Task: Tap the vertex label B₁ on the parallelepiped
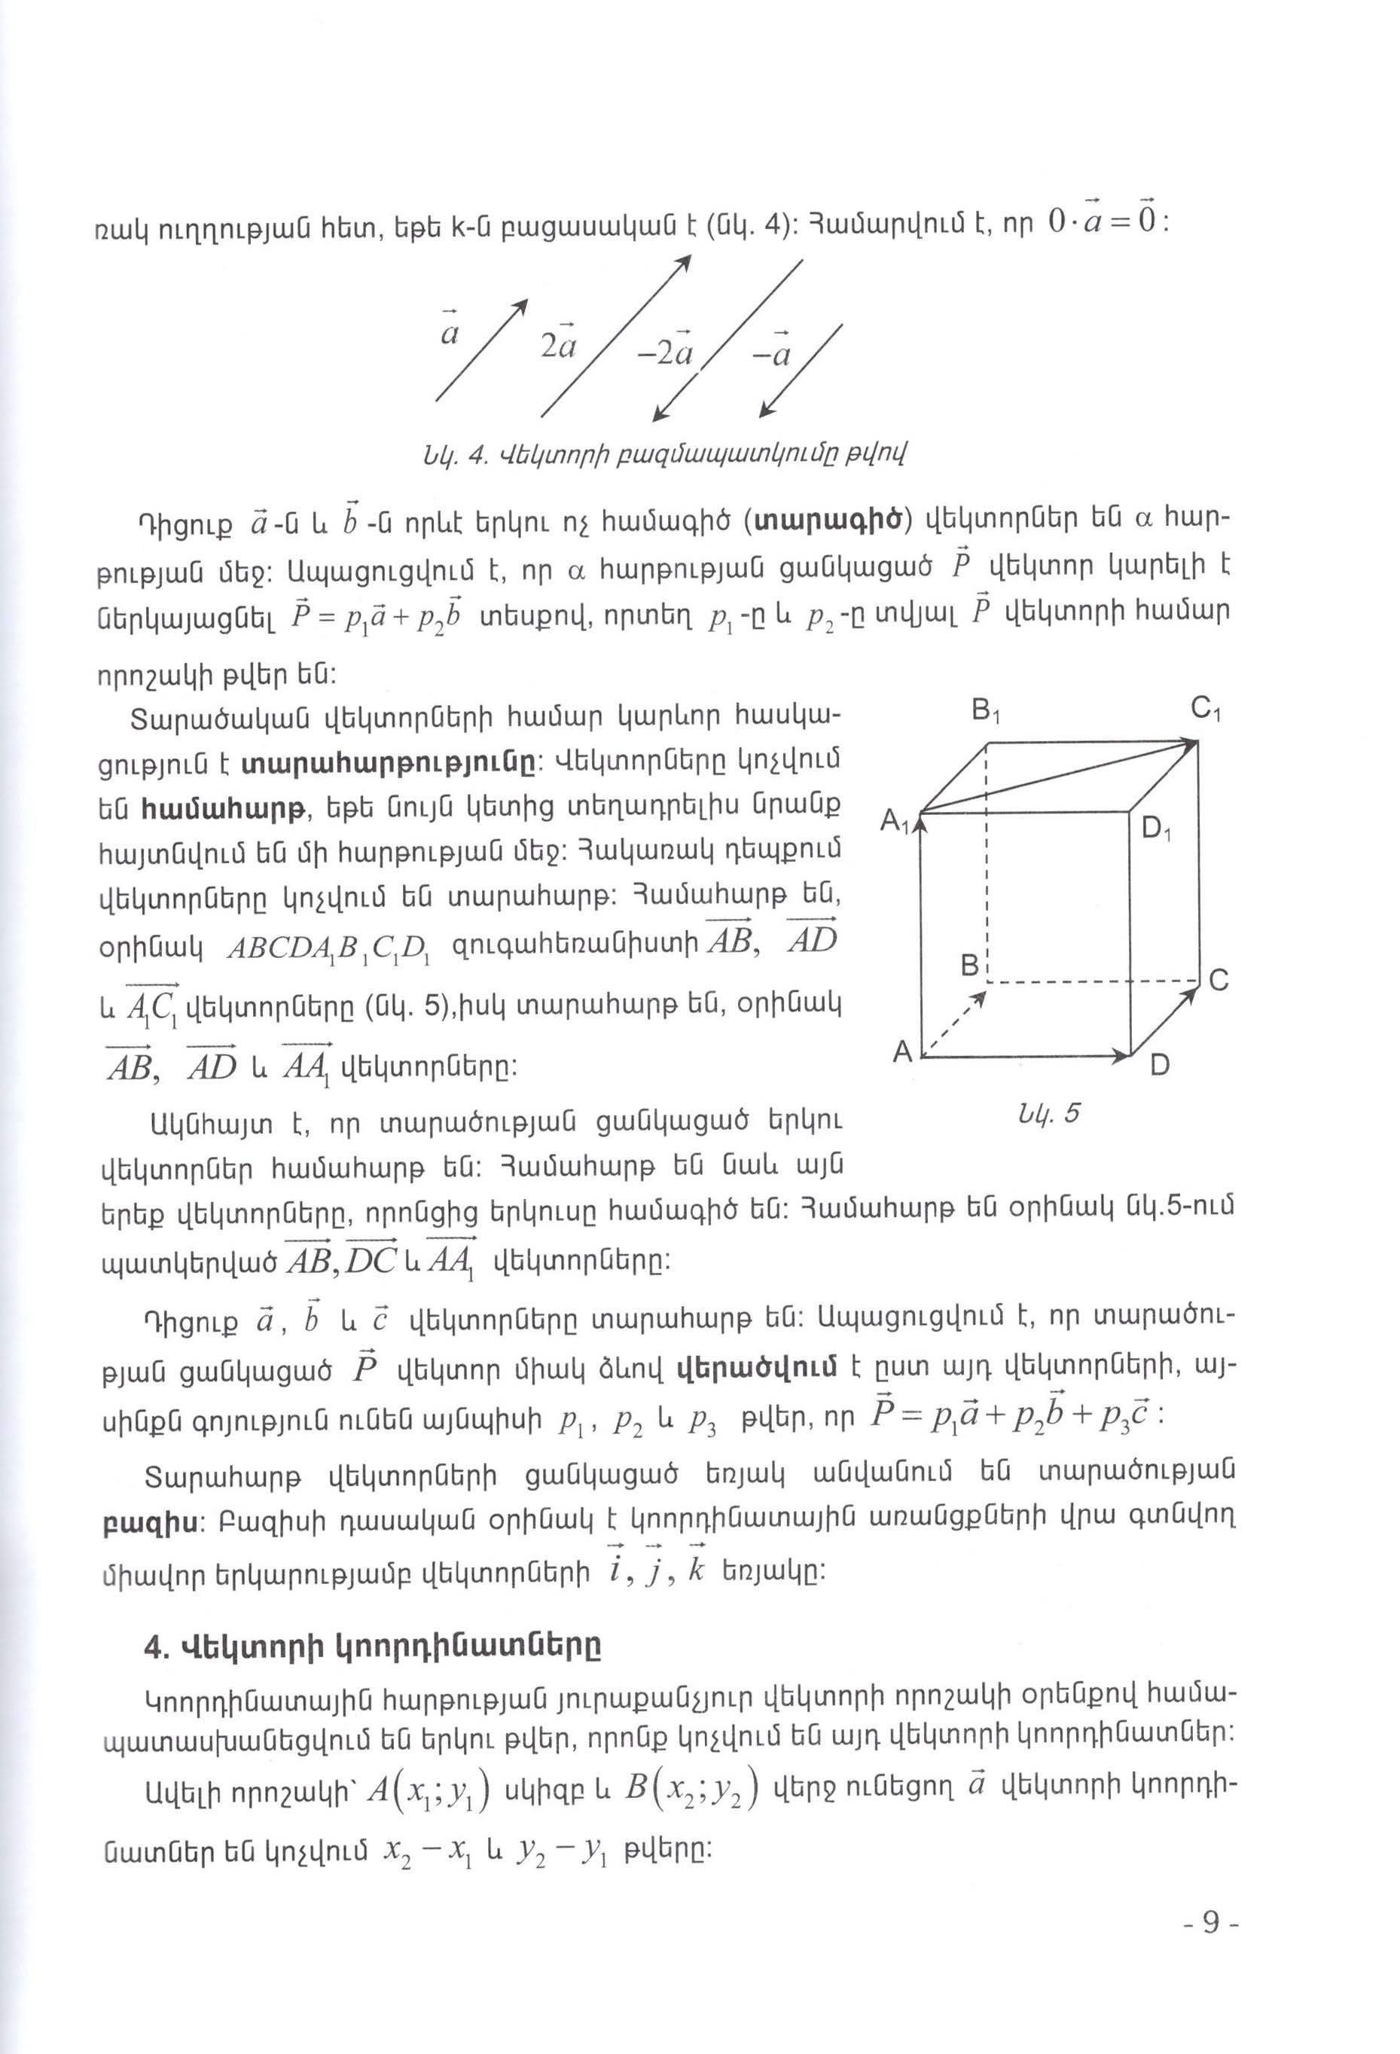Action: (984, 710)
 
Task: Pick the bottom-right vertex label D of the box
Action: (1160, 1065)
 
